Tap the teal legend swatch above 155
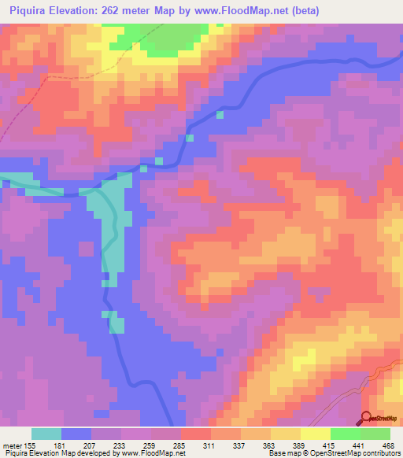point(46,434)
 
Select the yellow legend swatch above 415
point(316,434)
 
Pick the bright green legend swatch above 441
point(346,434)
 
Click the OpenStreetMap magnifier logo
point(366,418)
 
